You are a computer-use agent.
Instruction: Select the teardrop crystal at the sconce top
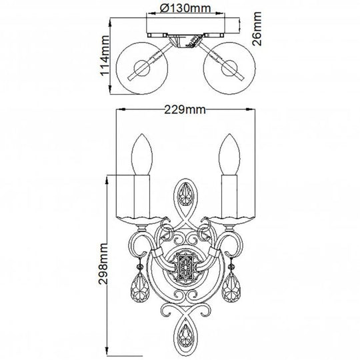(x=185, y=199)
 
